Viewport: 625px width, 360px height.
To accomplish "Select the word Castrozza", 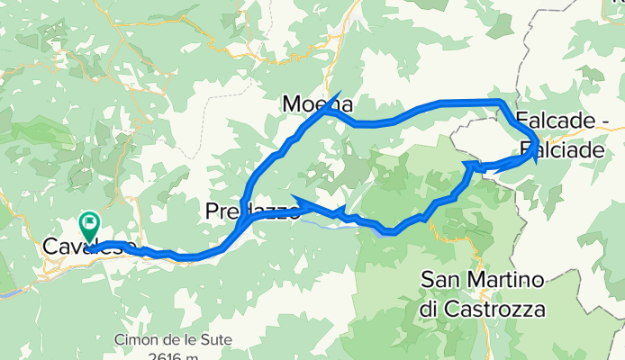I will point(496,309).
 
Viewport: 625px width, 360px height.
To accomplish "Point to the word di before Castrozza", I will point(430,309).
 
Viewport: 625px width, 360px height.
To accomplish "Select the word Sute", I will point(214,340).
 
